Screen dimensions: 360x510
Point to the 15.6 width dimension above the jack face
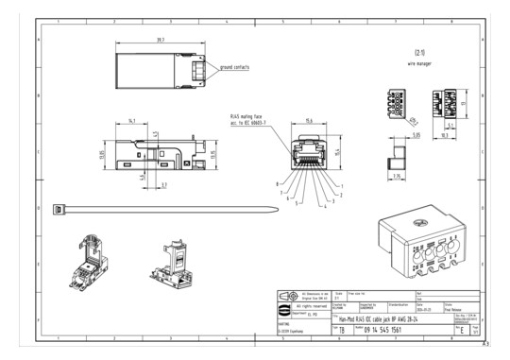(310, 120)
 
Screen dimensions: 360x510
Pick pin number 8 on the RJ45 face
(277, 182)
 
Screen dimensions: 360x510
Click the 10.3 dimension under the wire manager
(444, 135)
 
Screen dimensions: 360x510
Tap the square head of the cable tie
(59, 207)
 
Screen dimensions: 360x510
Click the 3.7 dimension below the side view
(163, 185)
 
